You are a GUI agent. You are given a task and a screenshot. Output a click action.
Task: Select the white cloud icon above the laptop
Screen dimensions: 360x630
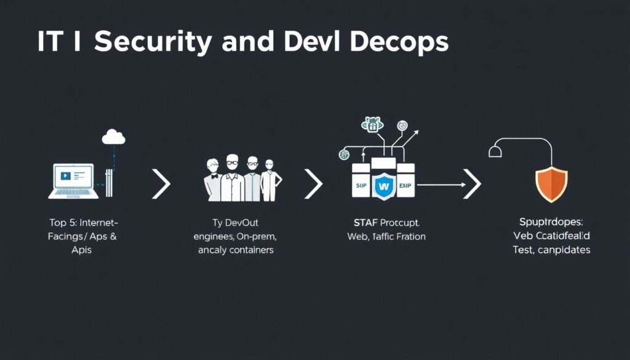pyautogui.click(x=113, y=137)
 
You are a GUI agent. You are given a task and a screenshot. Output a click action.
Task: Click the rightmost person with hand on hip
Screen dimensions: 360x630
pyautogui.click(x=270, y=181)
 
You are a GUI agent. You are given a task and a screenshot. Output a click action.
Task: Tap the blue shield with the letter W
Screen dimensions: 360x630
pyautogui.click(x=384, y=185)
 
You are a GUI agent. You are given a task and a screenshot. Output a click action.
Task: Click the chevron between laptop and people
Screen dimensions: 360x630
pyautogui.click(x=161, y=184)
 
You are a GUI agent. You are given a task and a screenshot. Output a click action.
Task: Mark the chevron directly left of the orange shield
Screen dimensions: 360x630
pyautogui.click(x=472, y=184)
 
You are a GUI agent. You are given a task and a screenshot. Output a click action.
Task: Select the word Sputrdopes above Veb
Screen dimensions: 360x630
pyautogui.click(x=551, y=223)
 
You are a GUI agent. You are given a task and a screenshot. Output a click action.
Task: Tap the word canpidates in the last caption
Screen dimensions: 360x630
pyautogui.click(x=563, y=250)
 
